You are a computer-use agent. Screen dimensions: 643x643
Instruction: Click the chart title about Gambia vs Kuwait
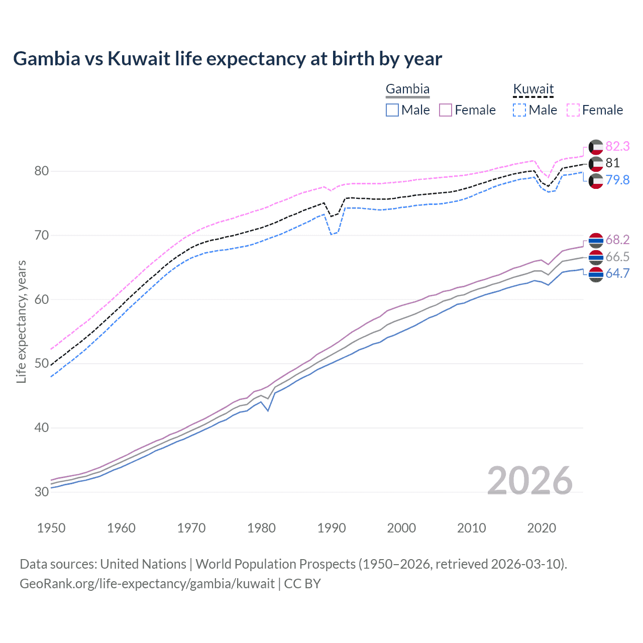coord(227,59)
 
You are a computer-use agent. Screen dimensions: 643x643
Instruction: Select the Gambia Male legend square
coord(392,110)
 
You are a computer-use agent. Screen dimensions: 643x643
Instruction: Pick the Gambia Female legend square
coord(446,110)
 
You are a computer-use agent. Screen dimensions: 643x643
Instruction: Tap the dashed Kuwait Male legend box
coord(519,110)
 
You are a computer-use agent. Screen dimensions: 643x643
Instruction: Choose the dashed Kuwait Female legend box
coord(573,110)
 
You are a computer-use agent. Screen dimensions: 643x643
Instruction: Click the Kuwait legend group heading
coord(533,89)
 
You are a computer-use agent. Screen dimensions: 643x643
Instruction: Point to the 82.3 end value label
coord(617,146)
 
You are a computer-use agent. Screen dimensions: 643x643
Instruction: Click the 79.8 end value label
coord(617,180)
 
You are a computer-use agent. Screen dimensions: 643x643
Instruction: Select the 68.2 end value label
coord(617,240)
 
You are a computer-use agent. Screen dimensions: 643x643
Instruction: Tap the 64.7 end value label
coord(617,273)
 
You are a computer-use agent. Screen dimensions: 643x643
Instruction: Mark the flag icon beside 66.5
coord(595,257)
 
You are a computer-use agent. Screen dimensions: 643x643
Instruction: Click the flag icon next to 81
coord(595,163)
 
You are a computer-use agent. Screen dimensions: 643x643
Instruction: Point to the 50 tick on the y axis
coord(42,364)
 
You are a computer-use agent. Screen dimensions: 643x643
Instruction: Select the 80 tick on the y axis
coord(42,171)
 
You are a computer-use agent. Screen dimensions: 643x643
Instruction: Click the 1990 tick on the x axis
coord(332,528)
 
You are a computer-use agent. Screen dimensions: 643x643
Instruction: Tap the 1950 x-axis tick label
coord(51,528)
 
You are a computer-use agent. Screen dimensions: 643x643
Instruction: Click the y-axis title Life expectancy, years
coord(21,321)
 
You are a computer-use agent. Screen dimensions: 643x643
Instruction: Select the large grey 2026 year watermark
coord(529,481)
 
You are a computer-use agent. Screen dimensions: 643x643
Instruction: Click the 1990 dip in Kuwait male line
coord(331,234)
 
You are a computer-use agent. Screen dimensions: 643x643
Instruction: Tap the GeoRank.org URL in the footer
coord(147,584)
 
